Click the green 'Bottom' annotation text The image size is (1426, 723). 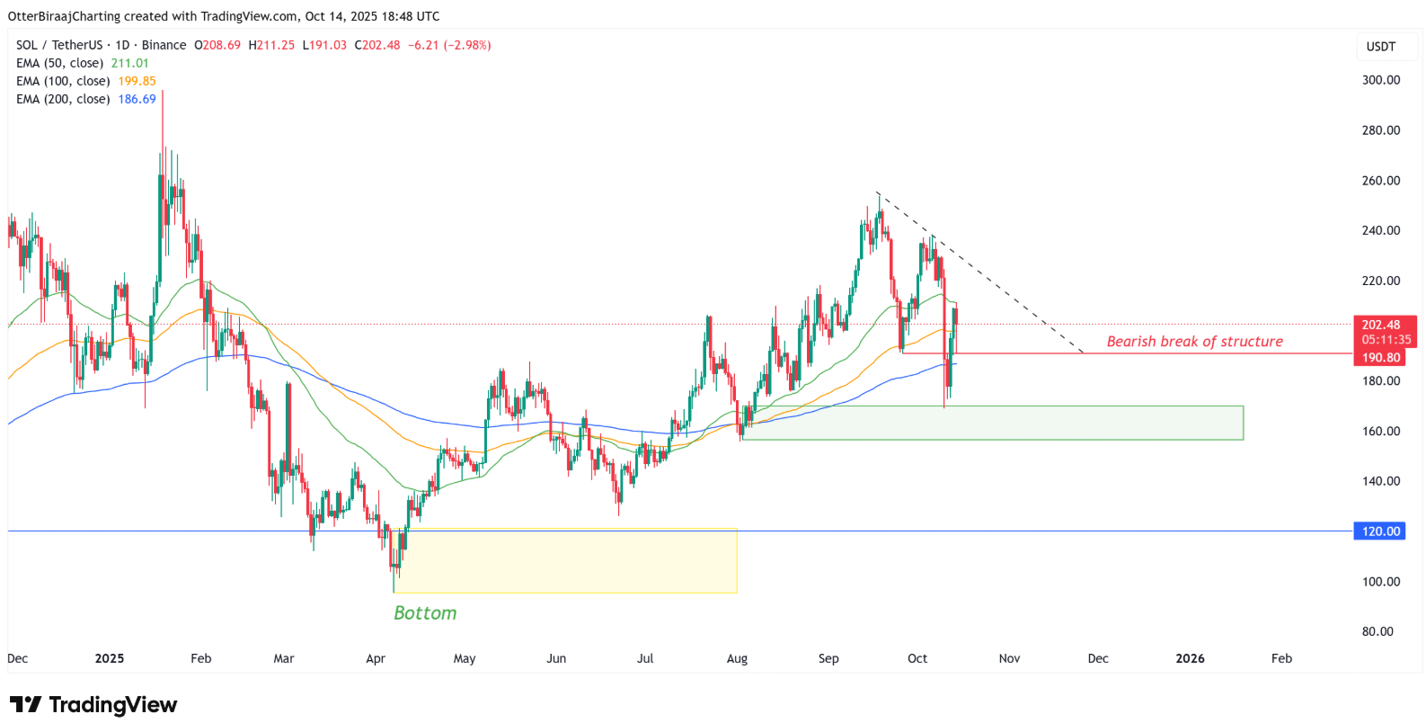(425, 613)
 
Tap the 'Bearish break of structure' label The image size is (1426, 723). (1194, 342)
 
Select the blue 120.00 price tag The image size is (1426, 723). (1379, 531)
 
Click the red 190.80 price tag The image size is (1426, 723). (1380, 358)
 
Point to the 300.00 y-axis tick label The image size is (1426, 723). (1380, 80)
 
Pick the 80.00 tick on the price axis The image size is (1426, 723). (1377, 631)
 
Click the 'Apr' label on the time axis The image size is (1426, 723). (376, 658)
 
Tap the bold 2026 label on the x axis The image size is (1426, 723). (1190, 658)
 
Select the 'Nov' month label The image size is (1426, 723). (1009, 658)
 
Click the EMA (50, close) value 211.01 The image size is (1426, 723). (130, 63)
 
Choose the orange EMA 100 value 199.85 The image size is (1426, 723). (137, 81)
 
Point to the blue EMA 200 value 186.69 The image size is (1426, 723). (137, 99)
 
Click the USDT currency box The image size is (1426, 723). (1380, 47)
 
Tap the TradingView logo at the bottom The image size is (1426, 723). (93, 704)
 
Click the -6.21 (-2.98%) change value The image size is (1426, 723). (449, 45)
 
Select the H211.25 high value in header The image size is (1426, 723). (271, 45)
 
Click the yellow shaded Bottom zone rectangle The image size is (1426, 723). (566, 561)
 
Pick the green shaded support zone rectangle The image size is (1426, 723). (993, 423)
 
